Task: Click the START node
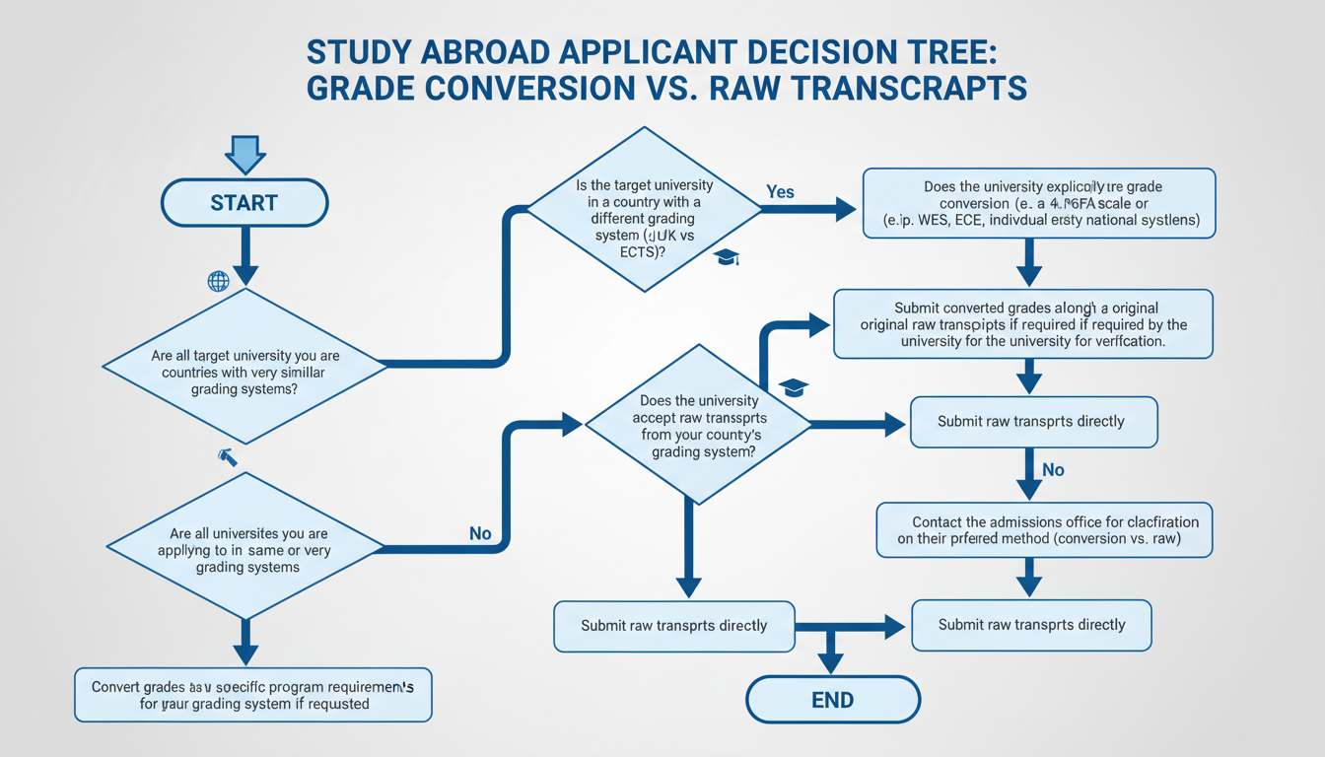[244, 203]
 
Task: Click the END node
[832, 701]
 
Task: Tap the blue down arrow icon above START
[244, 154]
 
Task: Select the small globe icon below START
[218, 282]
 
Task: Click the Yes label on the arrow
[780, 192]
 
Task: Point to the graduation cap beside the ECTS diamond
[727, 256]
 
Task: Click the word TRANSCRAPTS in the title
[907, 87]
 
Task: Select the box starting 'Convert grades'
[253, 695]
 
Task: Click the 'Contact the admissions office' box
[1044, 530]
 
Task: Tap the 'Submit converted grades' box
[1023, 323]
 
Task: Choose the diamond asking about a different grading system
[645, 209]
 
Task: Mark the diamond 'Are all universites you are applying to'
[244, 544]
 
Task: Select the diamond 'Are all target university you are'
[244, 366]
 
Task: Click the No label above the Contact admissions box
[1053, 470]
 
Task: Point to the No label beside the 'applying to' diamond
[480, 533]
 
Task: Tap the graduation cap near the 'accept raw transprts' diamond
[794, 387]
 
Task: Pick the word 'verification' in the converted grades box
[1125, 341]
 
